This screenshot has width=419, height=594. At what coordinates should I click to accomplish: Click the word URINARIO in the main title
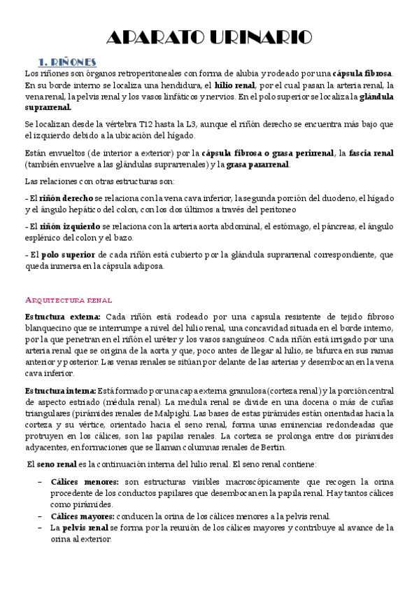click(255, 38)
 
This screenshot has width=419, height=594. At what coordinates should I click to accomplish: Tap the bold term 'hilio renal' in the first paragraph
click(236, 85)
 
